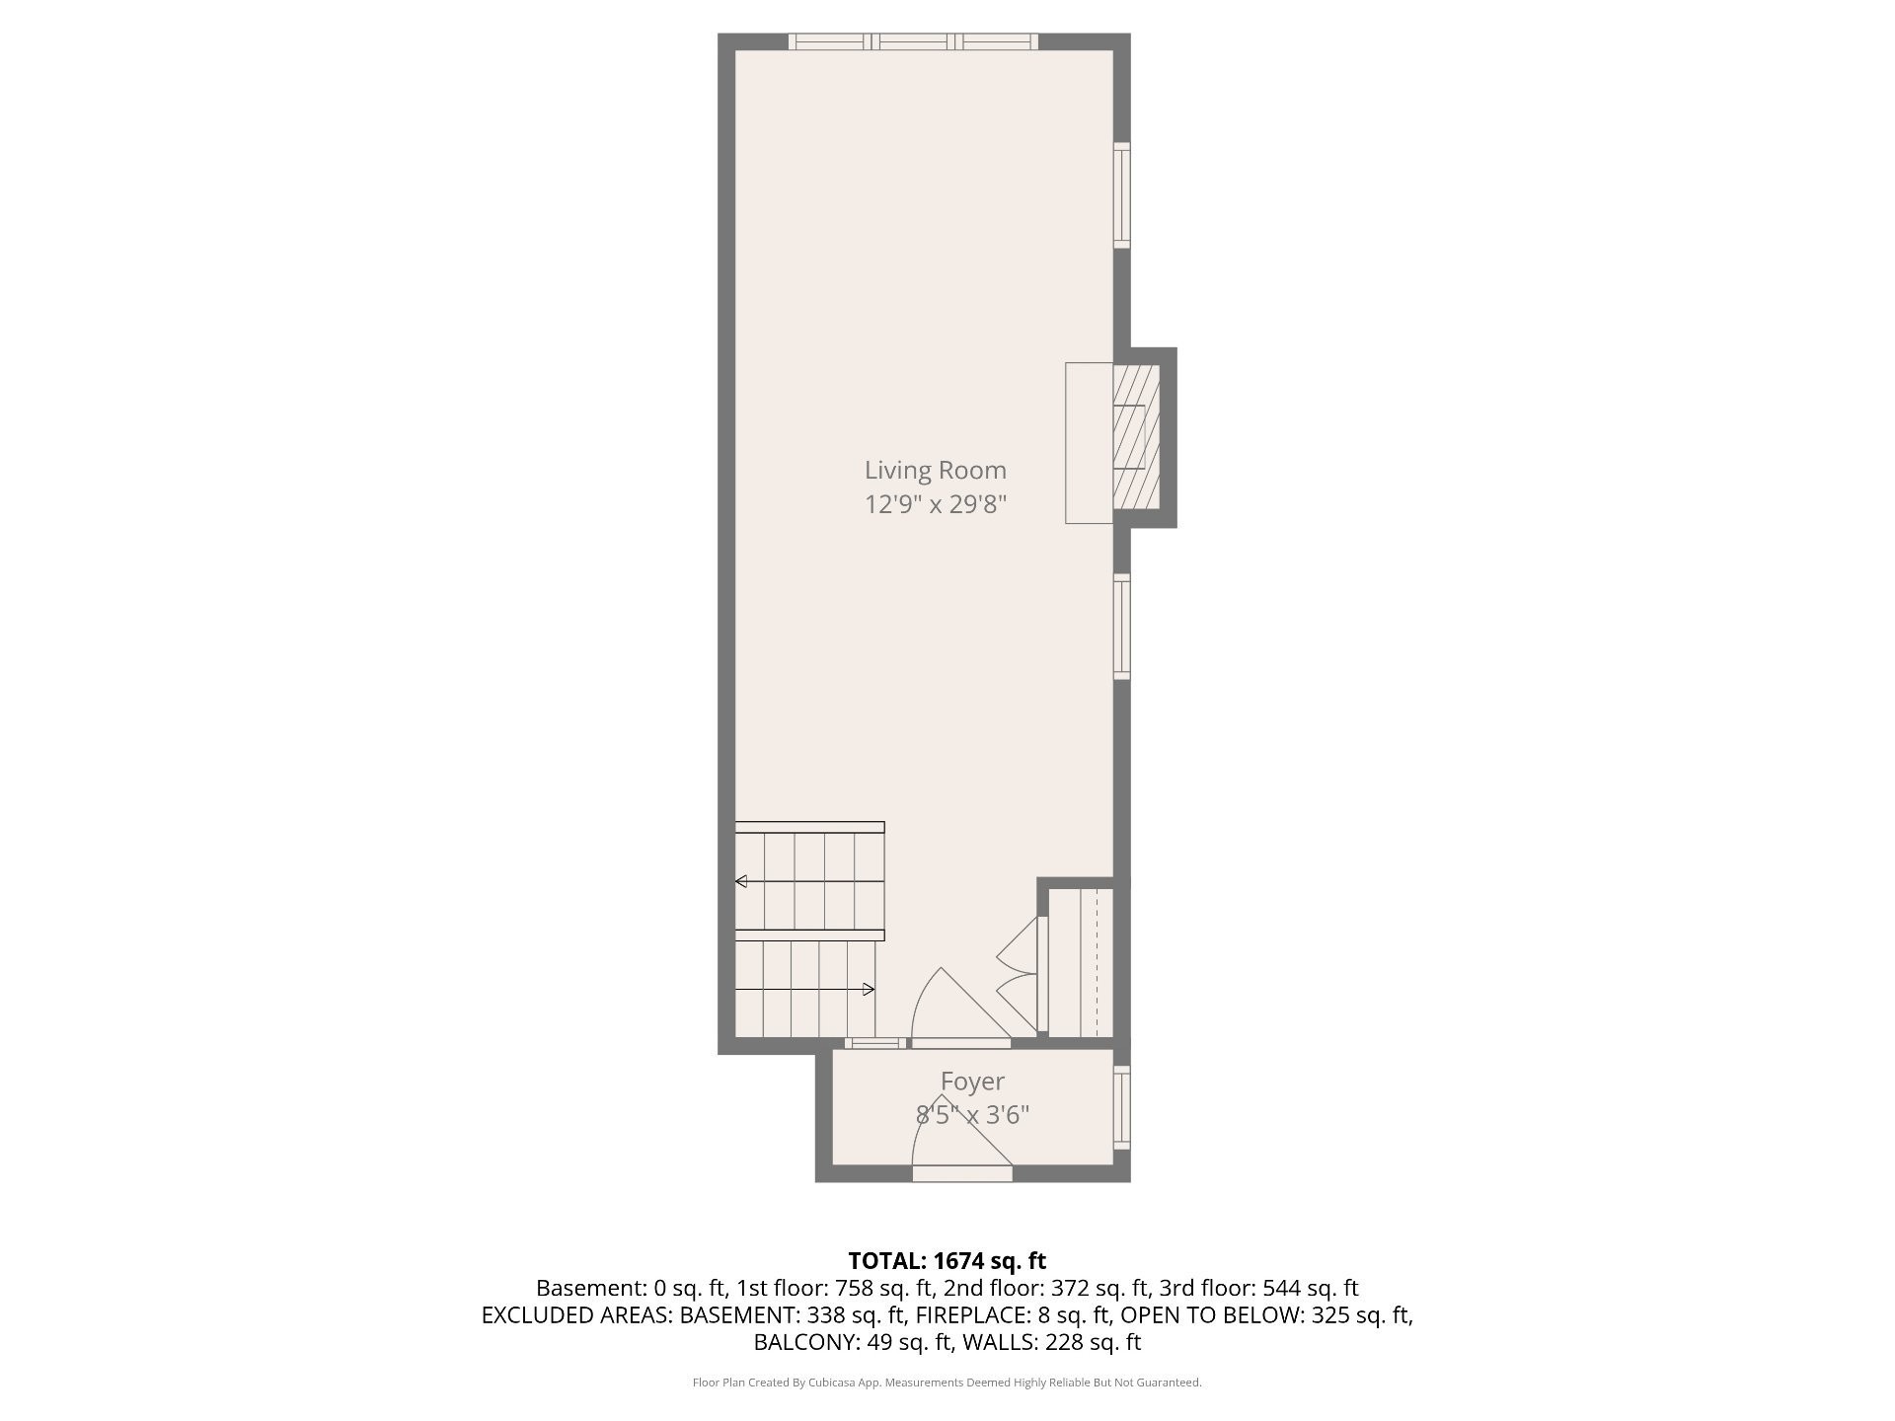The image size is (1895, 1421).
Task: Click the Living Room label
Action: tap(936, 471)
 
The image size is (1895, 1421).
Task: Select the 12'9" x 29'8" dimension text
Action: tap(936, 505)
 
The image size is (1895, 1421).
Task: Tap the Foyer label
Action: tap(972, 1082)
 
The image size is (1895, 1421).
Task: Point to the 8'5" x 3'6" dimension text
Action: tap(972, 1115)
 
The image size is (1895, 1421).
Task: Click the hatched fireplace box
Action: tap(1136, 436)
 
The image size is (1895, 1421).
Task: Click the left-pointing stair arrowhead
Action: tap(741, 881)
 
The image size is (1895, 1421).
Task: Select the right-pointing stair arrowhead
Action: tap(869, 989)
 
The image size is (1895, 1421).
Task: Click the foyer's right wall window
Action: tap(1121, 1107)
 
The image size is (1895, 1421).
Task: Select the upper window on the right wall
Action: tap(1121, 194)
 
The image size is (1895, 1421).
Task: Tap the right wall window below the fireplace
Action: tap(1121, 626)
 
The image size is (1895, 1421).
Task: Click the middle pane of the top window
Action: tap(915, 41)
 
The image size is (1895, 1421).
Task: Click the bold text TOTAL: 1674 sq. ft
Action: tap(947, 1260)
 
